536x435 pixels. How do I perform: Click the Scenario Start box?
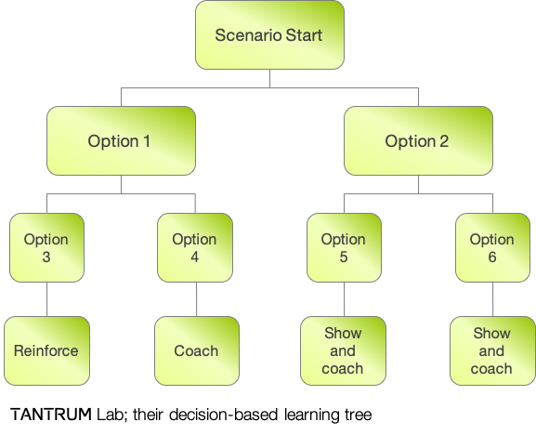269,35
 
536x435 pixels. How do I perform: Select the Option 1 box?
121,141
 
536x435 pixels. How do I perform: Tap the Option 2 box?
418,141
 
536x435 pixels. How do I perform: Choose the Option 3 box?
46,247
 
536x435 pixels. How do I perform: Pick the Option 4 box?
195,247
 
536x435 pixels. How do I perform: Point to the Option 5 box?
344,247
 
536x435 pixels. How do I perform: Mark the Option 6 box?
492,247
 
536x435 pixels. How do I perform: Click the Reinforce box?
46,350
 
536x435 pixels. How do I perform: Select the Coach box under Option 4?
197,350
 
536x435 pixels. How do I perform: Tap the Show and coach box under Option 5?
343,350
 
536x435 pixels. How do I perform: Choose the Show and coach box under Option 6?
492,350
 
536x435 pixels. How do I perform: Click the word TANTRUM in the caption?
51,415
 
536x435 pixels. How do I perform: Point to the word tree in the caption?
358,415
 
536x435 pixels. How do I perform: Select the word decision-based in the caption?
223,415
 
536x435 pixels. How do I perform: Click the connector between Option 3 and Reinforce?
46,299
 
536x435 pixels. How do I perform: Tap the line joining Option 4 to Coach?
197,299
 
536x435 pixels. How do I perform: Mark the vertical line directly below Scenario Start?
269,78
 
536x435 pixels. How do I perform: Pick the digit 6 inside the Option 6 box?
492,257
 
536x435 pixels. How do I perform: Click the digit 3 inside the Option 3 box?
46,257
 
